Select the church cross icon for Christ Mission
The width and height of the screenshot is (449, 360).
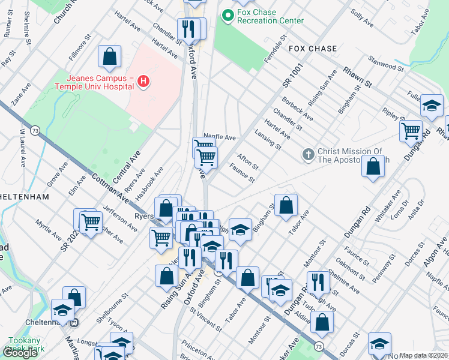308,155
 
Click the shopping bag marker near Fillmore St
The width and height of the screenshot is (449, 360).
110,57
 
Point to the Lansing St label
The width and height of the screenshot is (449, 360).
268,139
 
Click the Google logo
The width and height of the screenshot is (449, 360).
20,353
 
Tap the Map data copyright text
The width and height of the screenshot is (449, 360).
423,355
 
